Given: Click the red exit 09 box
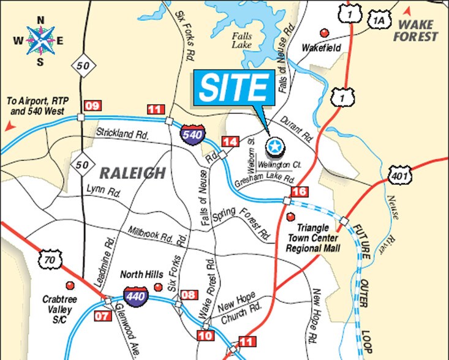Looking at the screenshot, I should pos(92,105).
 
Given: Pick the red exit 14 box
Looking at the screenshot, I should pos(230,142).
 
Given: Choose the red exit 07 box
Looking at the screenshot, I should pos(103,316).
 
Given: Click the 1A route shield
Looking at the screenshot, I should pos(378,21).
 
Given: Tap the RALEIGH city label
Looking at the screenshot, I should pos(134,173).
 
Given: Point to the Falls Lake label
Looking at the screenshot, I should pos(241,40).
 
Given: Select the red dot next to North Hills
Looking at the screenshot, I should pos(159,287).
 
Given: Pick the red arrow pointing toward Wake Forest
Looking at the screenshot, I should pos(407,11).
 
